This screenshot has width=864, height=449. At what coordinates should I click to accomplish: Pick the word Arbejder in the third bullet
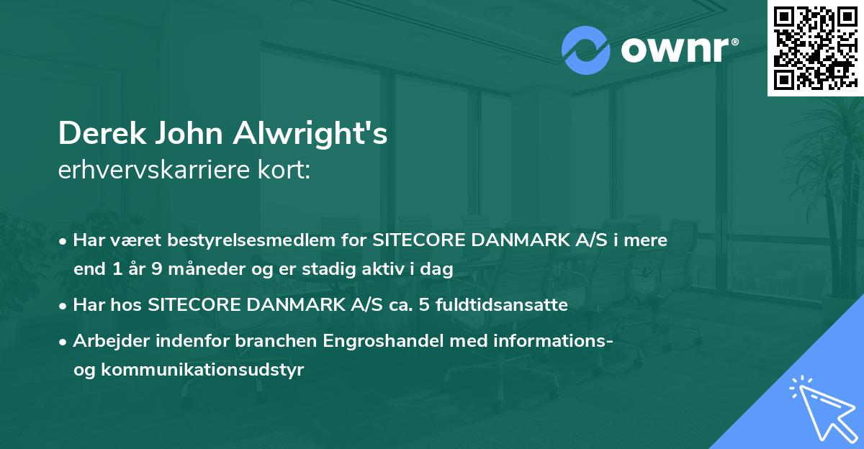[x=104, y=341]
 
